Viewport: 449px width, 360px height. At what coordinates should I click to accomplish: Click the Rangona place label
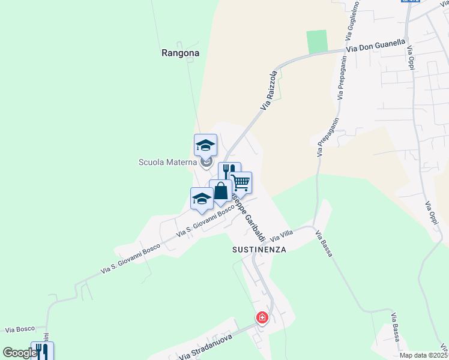[x=180, y=53]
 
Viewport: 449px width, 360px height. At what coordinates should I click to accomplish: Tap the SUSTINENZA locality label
[x=259, y=248]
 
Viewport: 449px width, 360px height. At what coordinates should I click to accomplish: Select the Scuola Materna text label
[x=167, y=161]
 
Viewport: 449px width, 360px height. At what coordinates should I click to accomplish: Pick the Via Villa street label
[x=281, y=235]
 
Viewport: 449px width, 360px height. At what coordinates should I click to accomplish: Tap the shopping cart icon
[x=241, y=182]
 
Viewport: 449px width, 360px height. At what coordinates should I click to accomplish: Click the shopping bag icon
[x=220, y=191]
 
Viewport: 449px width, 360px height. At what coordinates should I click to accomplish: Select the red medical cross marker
[x=262, y=317]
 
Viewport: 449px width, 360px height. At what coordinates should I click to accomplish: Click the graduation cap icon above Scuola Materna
[x=205, y=145]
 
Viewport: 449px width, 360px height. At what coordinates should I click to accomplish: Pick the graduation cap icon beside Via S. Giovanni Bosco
[x=202, y=198]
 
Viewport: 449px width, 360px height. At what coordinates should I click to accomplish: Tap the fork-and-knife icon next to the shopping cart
[x=228, y=171]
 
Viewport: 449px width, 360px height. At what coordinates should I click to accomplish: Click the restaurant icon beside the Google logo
[x=42, y=351]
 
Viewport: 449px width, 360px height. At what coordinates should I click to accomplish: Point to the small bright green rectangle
[x=316, y=41]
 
